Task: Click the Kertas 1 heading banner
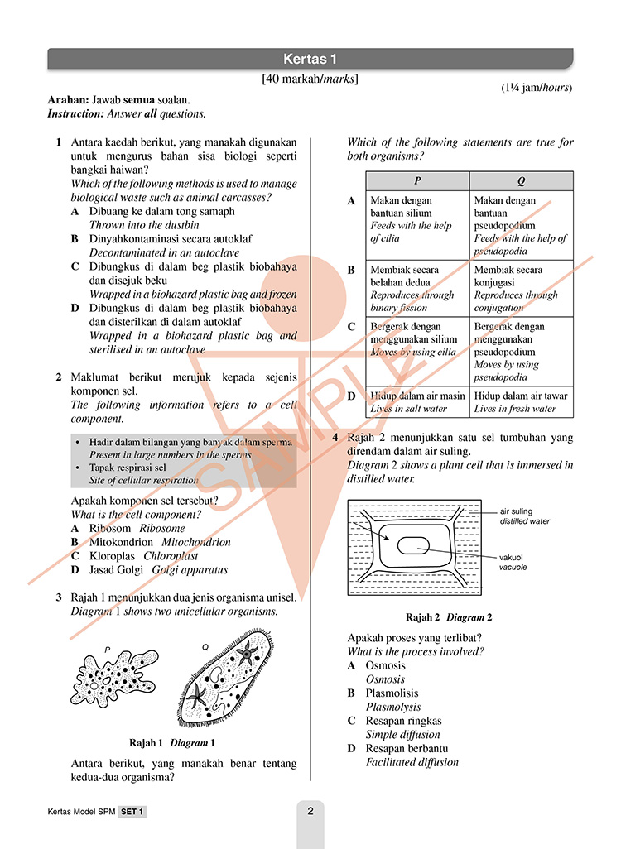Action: pos(310,59)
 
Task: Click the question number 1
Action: pos(59,142)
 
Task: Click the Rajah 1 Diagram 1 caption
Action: pos(172,742)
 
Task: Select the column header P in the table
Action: pos(417,181)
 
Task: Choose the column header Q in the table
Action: pos(521,181)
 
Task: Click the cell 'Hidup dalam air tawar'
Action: pos(515,396)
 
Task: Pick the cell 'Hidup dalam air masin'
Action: pos(417,396)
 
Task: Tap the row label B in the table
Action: pos(351,270)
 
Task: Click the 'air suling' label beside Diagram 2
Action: pos(516,511)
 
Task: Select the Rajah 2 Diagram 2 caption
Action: pos(449,617)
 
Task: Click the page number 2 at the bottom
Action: pos(310,812)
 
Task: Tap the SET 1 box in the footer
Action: pos(132,813)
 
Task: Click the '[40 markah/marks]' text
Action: pos(310,79)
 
